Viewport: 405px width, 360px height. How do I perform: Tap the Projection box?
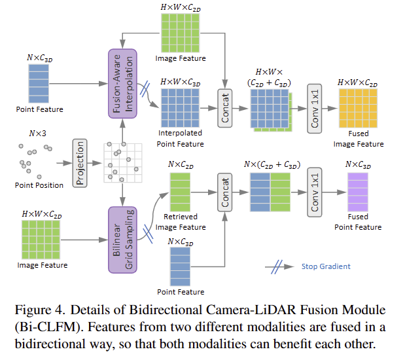pos(80,162)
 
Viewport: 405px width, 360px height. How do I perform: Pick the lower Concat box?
pos(226,192)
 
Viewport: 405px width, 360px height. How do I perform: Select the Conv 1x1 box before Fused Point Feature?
pos(315,192)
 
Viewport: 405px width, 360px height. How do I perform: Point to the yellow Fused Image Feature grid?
pos(357,107)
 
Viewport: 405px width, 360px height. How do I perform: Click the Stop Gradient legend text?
pos(326,266)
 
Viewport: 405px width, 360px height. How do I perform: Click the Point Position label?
pos(39,185)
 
